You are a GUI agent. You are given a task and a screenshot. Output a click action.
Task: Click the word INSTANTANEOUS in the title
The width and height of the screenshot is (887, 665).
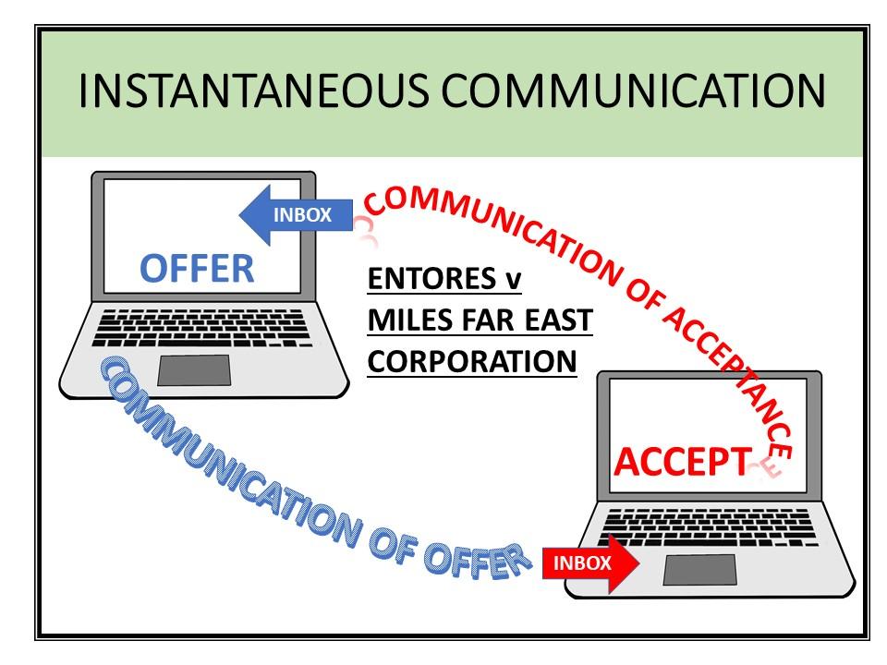tap(251, 91)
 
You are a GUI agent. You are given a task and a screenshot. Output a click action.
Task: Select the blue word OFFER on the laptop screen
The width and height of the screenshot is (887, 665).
tap(197, 268)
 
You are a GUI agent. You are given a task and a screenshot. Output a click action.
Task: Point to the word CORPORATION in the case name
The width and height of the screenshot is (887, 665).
tap(472, 361)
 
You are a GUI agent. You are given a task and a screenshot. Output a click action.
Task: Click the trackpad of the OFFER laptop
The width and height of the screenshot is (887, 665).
tap(194, 369)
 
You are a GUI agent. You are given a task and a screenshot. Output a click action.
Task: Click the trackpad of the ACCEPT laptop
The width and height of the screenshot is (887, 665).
tap(699, 569)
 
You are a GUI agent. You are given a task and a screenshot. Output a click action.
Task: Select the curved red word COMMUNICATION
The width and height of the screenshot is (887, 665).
tap(498, 231)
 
